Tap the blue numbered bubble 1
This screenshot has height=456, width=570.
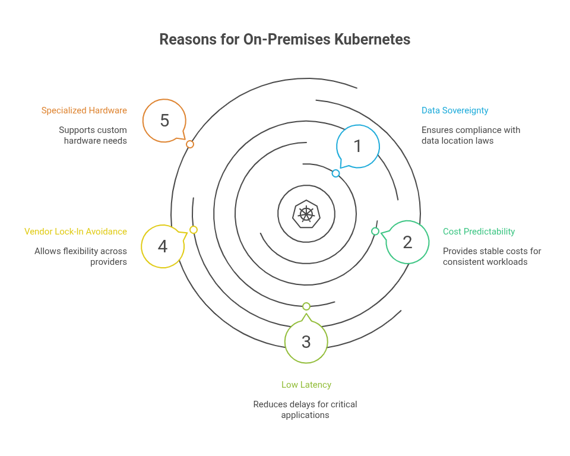point(357,146)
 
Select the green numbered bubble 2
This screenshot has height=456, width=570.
point(407,242)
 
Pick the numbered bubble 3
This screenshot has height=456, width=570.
point(306,341)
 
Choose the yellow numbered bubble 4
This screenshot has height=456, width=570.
point(163,246)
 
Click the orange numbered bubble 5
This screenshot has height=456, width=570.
point(164,121)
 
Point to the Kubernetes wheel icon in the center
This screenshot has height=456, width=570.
point(306,214)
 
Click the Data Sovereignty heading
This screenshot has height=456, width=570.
point(455,110)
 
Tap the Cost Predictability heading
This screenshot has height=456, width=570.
point(479,232)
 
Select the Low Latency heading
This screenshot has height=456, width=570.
point(306,385)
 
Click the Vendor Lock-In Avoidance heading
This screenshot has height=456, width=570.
point(75,232)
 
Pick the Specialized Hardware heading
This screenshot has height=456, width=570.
point(84,110)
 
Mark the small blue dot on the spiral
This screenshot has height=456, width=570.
point(335,173)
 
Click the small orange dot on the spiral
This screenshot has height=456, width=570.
point(190,144)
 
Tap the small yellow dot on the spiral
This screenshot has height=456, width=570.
point(194,230)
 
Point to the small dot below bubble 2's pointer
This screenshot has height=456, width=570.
point(375,231)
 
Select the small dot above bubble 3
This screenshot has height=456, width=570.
point(306,306)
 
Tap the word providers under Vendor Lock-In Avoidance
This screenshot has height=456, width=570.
point(109,262)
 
